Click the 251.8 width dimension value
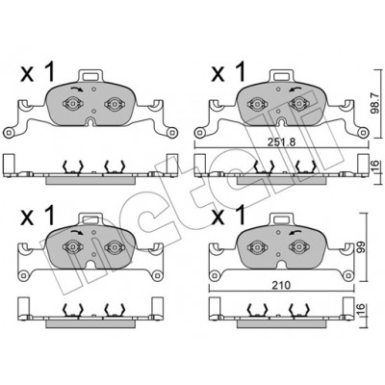(281, 142)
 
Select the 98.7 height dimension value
(379, 102)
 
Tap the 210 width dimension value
(282, 285)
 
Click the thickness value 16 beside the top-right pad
(379, 167)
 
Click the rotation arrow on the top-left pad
(76, 90)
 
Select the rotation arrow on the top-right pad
(295, 89)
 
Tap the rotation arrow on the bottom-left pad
(76, 232)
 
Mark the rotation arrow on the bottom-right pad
(295, 232)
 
